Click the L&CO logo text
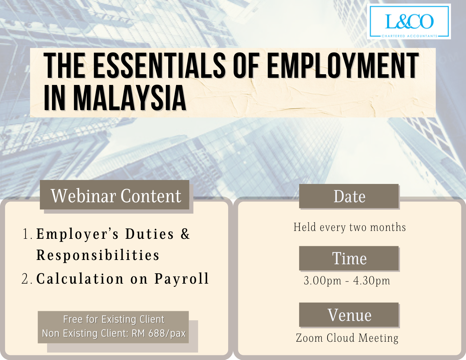409,22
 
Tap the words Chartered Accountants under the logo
409,36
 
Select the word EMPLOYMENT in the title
343,65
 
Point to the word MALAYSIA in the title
130,98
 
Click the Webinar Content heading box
114,195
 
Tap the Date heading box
349,196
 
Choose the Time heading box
349,258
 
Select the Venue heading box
349,315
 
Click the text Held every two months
349,227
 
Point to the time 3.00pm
322,281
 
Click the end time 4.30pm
372,281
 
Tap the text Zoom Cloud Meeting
347,338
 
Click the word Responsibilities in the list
98,255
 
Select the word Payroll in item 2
182,279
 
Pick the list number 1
27,234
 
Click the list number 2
27,279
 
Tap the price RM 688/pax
159,333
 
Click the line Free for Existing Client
114,319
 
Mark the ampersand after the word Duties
185,234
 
